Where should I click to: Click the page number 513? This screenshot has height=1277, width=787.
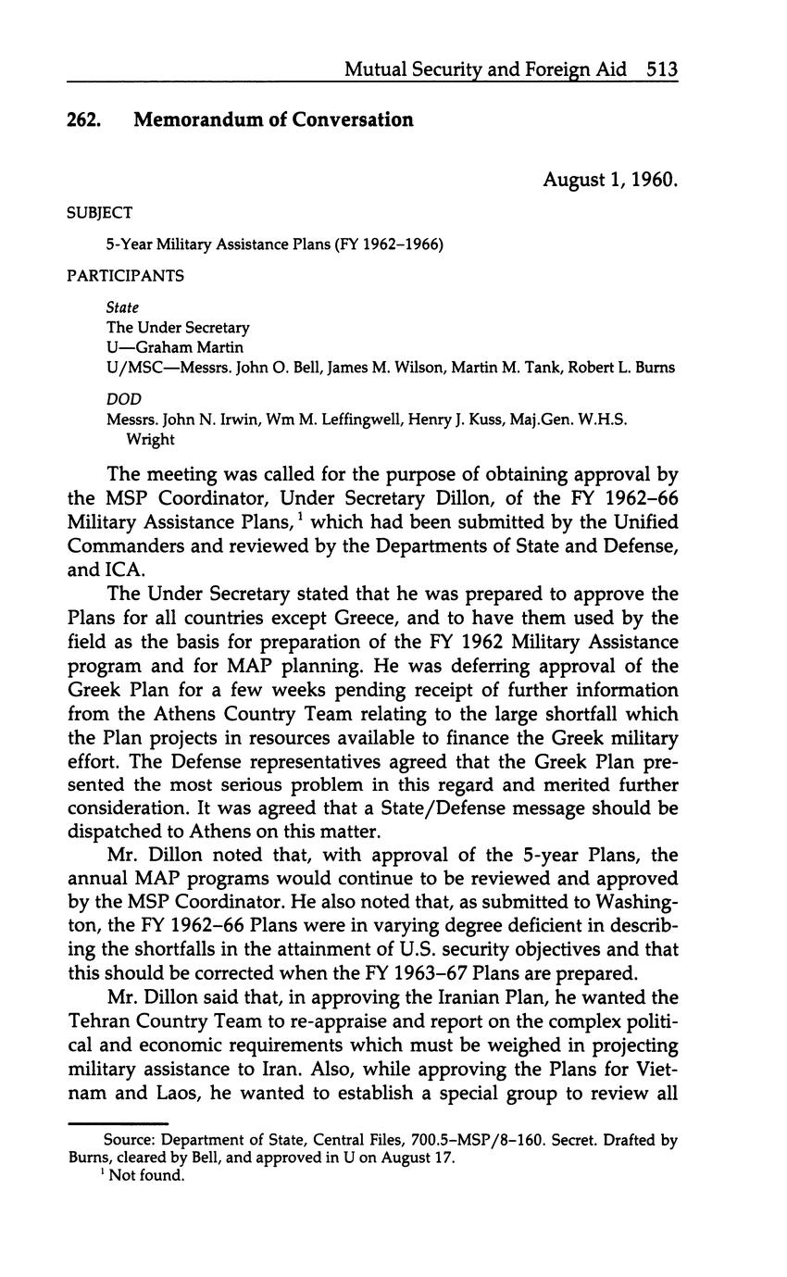pos(663,69)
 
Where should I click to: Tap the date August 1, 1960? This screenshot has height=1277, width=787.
pos(610,179)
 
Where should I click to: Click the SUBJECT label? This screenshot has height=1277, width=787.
pos(100,213)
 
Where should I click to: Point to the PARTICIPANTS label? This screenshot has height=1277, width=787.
pos(125,276)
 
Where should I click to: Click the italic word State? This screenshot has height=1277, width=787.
pos(122,307)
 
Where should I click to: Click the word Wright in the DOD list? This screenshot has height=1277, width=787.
pos(150,439)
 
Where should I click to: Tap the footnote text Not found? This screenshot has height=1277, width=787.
pos(147,1176)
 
